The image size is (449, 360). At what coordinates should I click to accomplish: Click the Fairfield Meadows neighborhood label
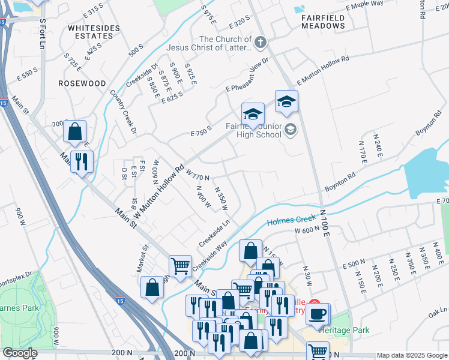coord(323,23)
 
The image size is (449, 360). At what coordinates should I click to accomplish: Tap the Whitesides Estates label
coord(91,32)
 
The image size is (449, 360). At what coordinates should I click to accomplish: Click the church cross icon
coord(260,43)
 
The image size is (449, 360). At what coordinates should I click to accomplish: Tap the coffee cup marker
coord(318,313)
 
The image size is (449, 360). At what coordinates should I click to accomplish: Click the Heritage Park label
coord(345,330)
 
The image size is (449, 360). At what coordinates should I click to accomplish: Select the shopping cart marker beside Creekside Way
coord(181,265)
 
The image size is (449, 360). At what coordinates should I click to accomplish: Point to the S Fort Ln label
coord(41,34)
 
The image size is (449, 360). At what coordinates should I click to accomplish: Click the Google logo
coord(19,353)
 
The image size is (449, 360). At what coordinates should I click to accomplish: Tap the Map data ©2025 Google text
coord(411,355)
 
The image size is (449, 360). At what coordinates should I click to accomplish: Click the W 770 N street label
coord(197,175)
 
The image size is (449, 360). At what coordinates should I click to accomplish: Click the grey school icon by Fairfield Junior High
coord(291,129)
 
